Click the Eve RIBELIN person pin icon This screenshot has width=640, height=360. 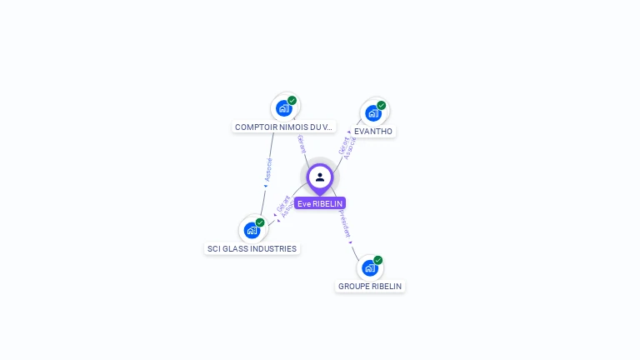coord(320,177)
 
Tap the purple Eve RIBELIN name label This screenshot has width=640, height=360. coord(320,203)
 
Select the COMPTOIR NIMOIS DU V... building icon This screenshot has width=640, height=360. coord(284,108)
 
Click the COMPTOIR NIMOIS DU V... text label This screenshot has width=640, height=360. coord(283,127)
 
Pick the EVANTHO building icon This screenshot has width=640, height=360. coord(372,112)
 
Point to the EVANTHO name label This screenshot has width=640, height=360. coord(373,132)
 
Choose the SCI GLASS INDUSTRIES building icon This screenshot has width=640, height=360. coord(252,230)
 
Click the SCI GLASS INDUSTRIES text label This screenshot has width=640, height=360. coord(252,248)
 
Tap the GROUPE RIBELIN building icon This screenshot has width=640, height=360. coord(369,268)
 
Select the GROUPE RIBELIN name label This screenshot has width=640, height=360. coord(370,287)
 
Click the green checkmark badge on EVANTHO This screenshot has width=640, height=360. coord(382,105)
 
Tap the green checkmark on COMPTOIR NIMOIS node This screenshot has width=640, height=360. coord(292,101)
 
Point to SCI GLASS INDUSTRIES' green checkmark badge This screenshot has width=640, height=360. coord(260,222)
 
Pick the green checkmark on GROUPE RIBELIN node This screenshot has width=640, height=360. coord(378,260)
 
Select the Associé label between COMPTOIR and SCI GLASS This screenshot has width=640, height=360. coord(267,170)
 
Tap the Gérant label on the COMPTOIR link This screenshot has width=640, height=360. coord(302,142)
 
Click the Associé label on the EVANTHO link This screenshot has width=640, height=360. coord(352,147)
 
